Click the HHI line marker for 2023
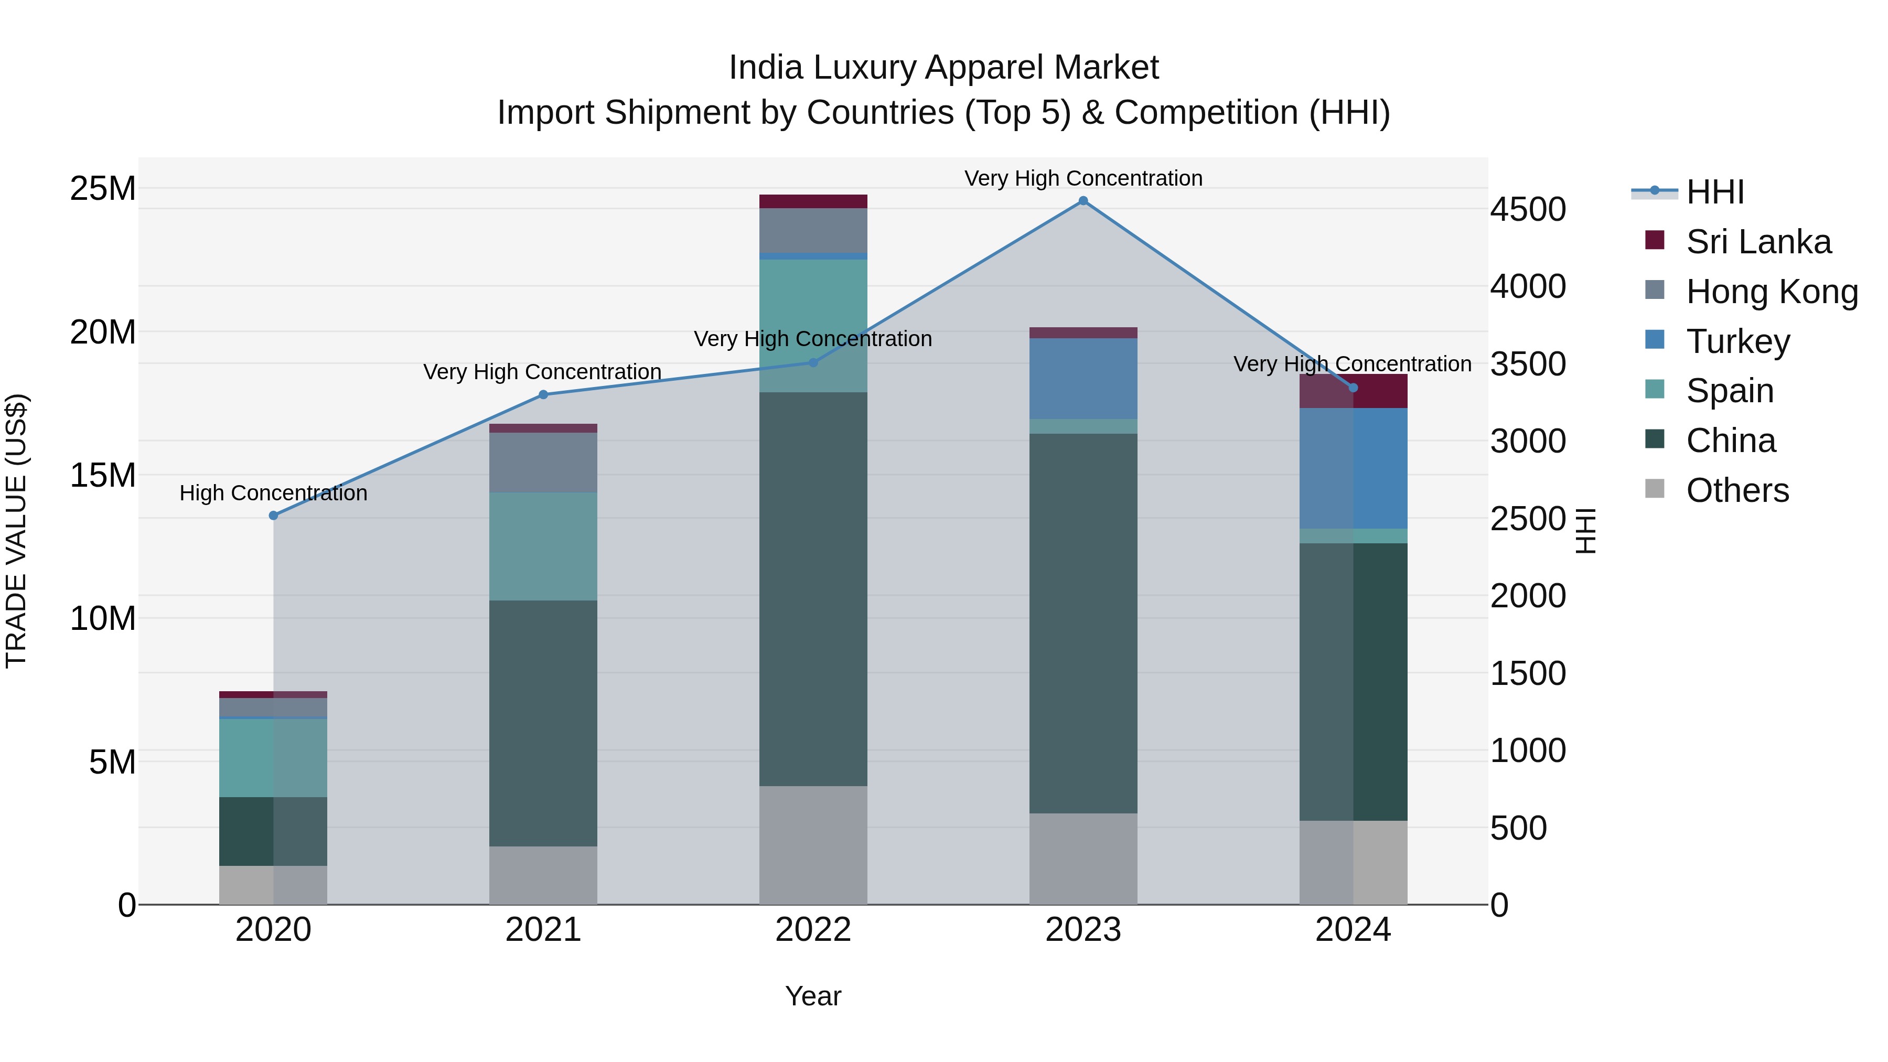(x=1082, y=201)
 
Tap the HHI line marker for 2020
(x=273, y=515)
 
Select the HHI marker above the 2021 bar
(x=543, y=394)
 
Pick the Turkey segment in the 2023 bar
(x=1082, y=378)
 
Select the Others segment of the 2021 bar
(x=543, y=875)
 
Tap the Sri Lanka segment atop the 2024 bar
(x=1353, y=391)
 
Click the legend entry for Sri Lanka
(x=1757, y=242)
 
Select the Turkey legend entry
(x=1737, y=341)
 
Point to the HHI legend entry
(x=1713, y=192)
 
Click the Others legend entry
(x=1737, y=490)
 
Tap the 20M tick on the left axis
(x=103, y=332)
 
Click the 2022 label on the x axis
(x=813, y=930)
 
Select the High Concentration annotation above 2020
(x=273, y=494)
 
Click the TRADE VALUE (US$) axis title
(x=16, y=531)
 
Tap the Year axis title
(x=813, y=996)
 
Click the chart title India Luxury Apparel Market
(x=943, y=68)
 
